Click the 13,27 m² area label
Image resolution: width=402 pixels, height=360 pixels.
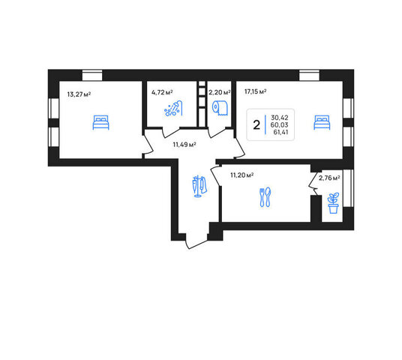tap(79, 94)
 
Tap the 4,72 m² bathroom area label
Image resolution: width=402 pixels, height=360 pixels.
tap(162, 92)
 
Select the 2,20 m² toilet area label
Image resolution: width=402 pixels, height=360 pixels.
tap(220, 92)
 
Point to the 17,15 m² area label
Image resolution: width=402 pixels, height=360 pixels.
tap(255, 91)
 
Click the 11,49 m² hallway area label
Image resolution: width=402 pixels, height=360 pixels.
tap(184, 145)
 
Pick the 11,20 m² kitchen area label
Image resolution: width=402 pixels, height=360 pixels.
tap(242, 175)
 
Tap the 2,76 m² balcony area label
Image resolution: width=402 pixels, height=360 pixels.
tap(329, 178)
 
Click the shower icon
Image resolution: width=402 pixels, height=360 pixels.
tap(173, 109)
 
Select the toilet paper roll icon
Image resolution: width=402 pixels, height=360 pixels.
tap(220, 108)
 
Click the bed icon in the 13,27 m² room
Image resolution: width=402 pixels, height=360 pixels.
tap(100, 122)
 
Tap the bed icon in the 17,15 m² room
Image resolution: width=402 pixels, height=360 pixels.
tap(322, 122)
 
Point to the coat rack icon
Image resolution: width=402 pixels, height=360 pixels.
tap(199, 186)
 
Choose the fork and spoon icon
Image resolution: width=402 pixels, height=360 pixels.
tap(265, 197)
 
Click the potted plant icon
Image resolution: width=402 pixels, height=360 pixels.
tap(333, 203)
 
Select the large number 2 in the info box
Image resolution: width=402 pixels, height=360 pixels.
tap(256, 125)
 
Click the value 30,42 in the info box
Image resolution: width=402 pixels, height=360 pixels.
tap(280, 118)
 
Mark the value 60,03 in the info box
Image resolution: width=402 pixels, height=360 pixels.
tap(280, 124)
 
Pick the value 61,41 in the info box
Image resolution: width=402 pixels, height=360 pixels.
tap(280, 132)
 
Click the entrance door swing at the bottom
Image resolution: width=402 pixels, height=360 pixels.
tap(196, 244)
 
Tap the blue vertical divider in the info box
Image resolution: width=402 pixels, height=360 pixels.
tap(265, 124)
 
